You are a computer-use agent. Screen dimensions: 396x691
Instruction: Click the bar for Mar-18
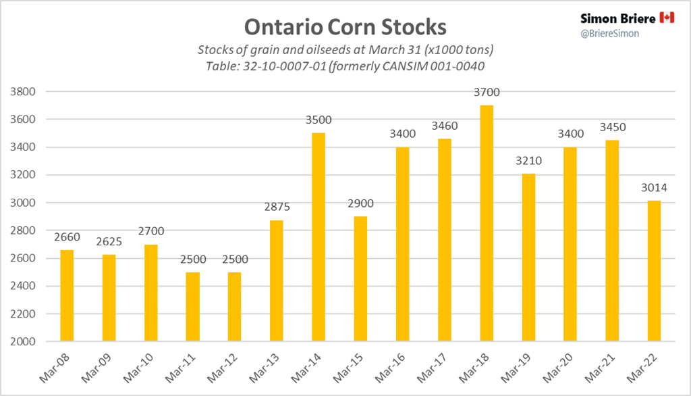[487, 223]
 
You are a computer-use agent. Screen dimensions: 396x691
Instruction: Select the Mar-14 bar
[319, 237]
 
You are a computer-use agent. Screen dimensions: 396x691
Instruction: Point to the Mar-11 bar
[192, 307]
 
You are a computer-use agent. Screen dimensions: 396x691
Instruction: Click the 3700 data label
[487, 93]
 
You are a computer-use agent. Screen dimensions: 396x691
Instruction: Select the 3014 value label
[654, 189]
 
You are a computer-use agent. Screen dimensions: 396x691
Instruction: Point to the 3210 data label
[528, 162]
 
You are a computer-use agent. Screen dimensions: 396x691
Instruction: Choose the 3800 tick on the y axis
[33, 92]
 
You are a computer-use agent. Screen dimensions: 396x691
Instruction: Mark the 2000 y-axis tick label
[33, 342]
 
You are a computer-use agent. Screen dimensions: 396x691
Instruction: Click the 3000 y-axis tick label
[33, 203]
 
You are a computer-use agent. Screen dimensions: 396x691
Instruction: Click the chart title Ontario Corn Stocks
[345, 26]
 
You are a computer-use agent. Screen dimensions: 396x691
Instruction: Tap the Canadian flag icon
[667, 18]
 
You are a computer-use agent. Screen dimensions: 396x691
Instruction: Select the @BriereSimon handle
[610, 33]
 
